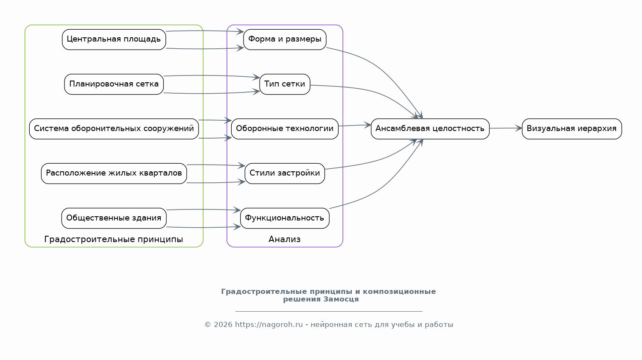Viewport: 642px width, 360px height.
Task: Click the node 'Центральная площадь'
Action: click(114, 39)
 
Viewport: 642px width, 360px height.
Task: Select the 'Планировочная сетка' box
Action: click(114, 84)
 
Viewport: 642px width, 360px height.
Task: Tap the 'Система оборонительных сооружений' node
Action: click(114, 129)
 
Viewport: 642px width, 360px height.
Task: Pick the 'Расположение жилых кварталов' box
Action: click(114, 173)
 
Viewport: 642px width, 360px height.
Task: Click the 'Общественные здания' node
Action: click(114, 218)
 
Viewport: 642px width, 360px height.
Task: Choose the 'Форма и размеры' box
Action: click(285, 39)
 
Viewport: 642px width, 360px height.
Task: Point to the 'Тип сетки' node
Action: click(285, 84)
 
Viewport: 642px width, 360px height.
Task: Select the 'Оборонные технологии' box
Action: click(285, 129)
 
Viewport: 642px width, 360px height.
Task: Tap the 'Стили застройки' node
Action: click(285, 173)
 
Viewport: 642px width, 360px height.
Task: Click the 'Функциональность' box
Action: click(285, 218)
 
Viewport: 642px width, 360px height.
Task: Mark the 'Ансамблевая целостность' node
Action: click(430, 129)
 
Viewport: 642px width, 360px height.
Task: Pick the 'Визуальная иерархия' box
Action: click(572, 129)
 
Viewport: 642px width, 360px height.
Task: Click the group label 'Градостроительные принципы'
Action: click(113, 239)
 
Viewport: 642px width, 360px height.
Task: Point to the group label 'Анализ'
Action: click(285, 239)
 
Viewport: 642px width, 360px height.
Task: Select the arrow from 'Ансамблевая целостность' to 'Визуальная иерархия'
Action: click(506, 128)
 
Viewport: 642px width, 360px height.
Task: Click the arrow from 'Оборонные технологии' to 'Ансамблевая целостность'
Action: click(355, 125)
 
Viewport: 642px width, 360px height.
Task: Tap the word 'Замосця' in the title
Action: click(341, 299)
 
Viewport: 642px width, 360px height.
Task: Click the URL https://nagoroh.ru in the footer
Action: click(269, 324)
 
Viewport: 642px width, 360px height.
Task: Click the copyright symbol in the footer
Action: click(208, 324)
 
